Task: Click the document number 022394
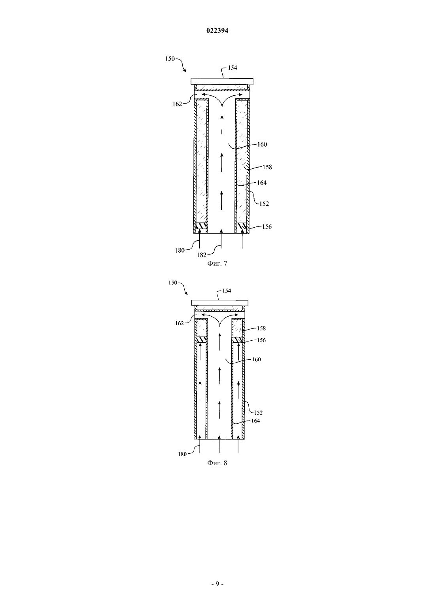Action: [x=217, y=31]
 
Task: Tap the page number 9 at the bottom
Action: [x=217, y=583]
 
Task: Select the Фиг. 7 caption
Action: [x=217, y=263]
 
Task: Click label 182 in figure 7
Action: [x=202, y=255]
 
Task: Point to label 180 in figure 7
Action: [x=180, y=250]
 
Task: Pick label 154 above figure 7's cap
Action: [x=233, y=68]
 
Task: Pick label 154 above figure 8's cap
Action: [x=227, y=291]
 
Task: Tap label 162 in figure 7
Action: [x=177, y=104]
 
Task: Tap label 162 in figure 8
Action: [x=179, y=323]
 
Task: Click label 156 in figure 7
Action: [x=267, y=226]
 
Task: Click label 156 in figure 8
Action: [x=261, y=340]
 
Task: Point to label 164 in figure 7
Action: [x=262, y=183]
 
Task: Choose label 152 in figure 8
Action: [x=258, y=412]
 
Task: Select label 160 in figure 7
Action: [x=262, y=144]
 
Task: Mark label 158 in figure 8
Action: [x=261, y=328]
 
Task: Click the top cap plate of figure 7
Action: [x=222, y=81]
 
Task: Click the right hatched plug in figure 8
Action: [x=238, y=340]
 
